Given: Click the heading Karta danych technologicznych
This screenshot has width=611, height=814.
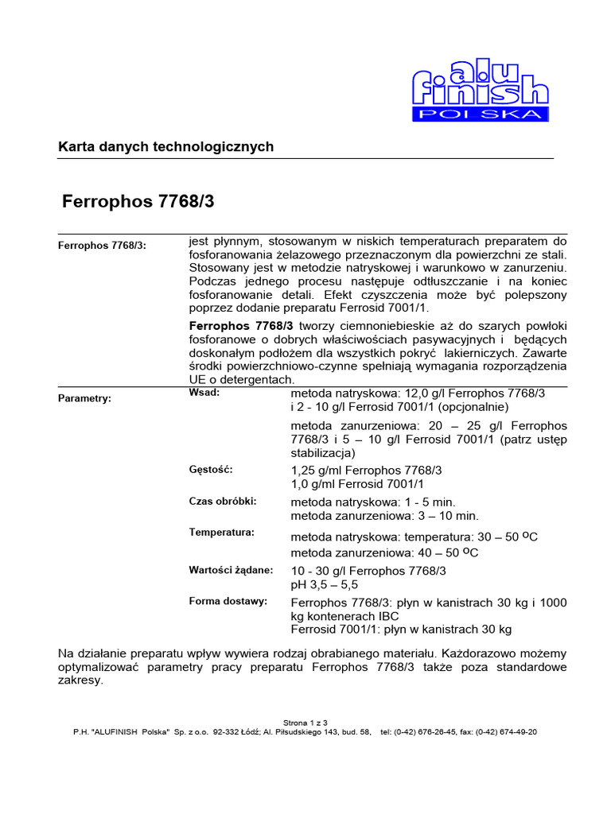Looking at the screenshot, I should tap(165, 147).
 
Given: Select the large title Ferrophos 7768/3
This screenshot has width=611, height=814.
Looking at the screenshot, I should tap(138, 202).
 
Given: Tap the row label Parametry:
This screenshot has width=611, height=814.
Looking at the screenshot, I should tap(84, 398).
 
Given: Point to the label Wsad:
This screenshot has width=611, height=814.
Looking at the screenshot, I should tap(204, 393).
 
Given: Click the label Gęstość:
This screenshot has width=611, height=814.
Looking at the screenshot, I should tap(211, 470).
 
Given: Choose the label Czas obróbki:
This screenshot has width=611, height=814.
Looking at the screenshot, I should tap(223, 502).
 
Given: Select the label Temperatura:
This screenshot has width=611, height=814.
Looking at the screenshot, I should tap(221, 532).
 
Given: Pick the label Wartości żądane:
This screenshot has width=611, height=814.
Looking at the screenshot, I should tap(231, 570).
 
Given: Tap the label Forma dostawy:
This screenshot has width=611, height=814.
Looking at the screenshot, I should tap(228, 601).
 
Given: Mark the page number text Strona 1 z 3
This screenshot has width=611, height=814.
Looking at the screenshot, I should tap(305, 723).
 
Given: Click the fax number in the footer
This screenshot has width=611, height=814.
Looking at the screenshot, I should tap(505, 732).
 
